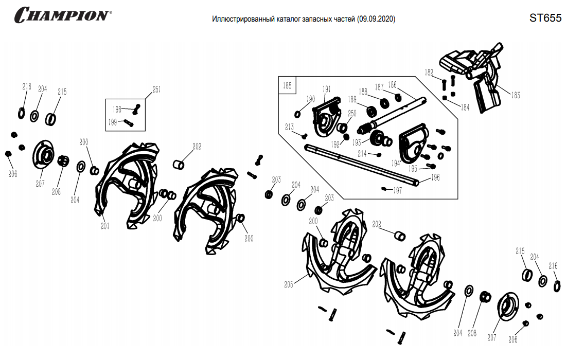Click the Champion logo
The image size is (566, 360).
pyautogui.click(x=63, y=15)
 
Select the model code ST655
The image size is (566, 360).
pyautogui.click(x=545, y=18)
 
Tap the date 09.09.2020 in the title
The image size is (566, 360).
pyautogui.click(x=376, y=19)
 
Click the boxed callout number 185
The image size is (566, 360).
pyautogui.click(x=287, y=85)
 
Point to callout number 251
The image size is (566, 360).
pyautogui.click(x=156, y=89)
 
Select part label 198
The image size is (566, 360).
pyautogui.click(x=117, y=110)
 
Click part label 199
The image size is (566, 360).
pyautogui.click(x=113, y=122)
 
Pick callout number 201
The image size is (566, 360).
pyautogui.click(x=105, y=226)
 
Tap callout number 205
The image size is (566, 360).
pyautogui.click(x=289, y=284)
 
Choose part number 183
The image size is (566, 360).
pyautogui.click(x=516, y=95)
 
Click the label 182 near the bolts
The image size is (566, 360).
pyautogui.click(x=429, y=73)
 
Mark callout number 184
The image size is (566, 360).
pyautogui.click(x=465, y=107)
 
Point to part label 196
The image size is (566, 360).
pyautogui.click(x=436, y=177)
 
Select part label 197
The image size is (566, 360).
pyautogui.click(x=397, y=190)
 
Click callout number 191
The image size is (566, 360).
pyautogui.click(x=327, y=89)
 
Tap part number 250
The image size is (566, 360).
pyautogui.click(x=352, y=113)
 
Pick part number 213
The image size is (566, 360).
pyautogui.click(x=290, y=127)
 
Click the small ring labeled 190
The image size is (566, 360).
pyautogui.click(x=297, y=114)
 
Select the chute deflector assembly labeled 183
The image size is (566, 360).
pyautogui.click(x=472, y=76)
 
